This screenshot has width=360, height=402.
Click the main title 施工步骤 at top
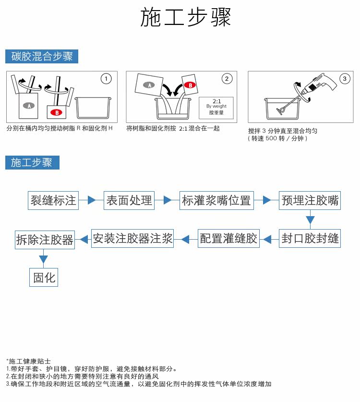tap(186, 17)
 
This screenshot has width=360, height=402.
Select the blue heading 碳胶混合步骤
tap(42, 56)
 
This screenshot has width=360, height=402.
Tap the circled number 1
tap(106, 79)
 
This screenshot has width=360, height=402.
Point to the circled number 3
tap(344, 79)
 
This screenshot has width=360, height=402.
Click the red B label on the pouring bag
tap(190, 85)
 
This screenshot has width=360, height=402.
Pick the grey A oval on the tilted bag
tap(149, 85)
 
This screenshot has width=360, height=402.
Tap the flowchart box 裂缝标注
tap(53, 200)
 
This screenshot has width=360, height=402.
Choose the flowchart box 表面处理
tap(129, 200)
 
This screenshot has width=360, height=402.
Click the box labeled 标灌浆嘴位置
tap(216, 200)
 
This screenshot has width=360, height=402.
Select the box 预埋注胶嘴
tap(310, 200)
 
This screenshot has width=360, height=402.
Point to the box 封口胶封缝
tap(310, 238)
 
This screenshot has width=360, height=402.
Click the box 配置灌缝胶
tap(228, 238)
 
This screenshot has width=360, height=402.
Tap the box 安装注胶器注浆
tap(132, 238)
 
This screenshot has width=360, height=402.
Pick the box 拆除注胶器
tap(45, 239)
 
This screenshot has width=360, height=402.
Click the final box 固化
tap(44, 277)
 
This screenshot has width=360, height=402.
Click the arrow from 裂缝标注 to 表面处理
tap(91, 200)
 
